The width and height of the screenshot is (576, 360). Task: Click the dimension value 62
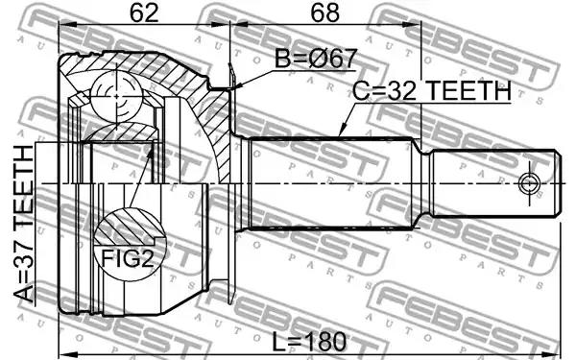click(144, 13)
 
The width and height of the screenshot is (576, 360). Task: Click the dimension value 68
click(325, 13)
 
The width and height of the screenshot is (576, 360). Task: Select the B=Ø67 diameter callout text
click(316, 59)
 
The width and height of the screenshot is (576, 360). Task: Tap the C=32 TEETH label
click(432, 91)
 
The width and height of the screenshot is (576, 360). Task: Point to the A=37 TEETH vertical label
click(24, 224)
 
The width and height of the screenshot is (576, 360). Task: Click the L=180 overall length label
click(309, 341)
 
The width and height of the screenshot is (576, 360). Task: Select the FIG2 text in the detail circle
click(127, 258)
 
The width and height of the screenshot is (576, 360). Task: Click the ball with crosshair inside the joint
click(116, 95)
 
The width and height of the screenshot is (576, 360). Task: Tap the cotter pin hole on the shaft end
click(529, 183)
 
